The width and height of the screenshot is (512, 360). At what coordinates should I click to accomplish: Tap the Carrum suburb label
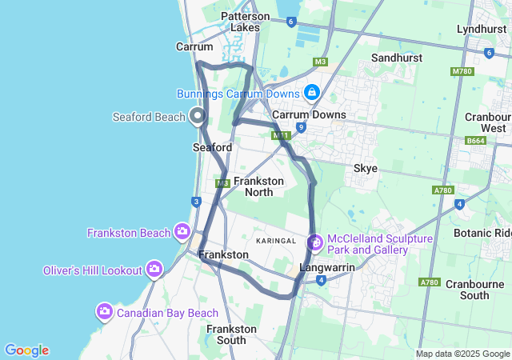pos(194,46)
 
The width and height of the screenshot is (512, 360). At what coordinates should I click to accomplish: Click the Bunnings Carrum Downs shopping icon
pos(310,93)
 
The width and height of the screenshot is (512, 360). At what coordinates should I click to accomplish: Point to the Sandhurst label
pos(397,58)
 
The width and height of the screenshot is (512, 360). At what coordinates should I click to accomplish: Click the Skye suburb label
pos(366,168)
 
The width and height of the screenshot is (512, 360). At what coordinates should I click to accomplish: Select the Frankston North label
pos(258,186)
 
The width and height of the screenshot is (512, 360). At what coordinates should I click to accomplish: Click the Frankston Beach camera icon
pos(183,233)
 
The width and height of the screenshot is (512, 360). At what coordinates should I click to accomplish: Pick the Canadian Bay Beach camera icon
pos(105,311)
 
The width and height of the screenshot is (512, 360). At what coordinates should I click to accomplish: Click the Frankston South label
pos(232,334)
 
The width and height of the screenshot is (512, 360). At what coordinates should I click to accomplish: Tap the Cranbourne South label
pos(456,290)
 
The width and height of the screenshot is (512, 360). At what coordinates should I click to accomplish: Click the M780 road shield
pos(462,71)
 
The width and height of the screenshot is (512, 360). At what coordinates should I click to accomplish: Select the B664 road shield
pos(475,141)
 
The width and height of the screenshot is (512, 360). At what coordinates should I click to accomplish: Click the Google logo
pos(26,350)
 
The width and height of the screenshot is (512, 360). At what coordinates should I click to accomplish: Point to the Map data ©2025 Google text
pos(462,354)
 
